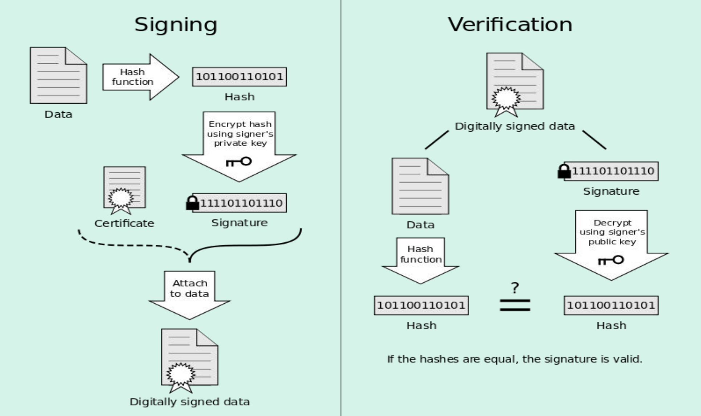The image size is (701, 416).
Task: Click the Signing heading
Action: click(176, 25)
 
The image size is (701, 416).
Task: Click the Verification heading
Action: click(510, 25)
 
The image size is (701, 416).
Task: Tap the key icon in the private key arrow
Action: click(239, 162)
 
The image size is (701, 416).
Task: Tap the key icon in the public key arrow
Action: click(611, 260)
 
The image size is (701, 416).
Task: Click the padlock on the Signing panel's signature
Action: click(192, 203)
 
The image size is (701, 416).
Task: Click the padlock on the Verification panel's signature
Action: click(564, 171)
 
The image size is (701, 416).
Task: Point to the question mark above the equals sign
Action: click(515, 288)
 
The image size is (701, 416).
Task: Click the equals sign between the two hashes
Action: click(515, 305)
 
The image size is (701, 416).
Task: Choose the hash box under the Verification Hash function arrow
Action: click(421, 305)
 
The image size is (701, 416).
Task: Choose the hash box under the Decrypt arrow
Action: click(611, 305)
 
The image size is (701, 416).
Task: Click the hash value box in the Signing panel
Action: click(239, 77)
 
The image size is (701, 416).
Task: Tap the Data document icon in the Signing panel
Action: click(58, 75)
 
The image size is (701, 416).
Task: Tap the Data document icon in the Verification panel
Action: click(420, 186)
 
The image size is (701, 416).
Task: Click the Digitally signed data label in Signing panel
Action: click(189, 402)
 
